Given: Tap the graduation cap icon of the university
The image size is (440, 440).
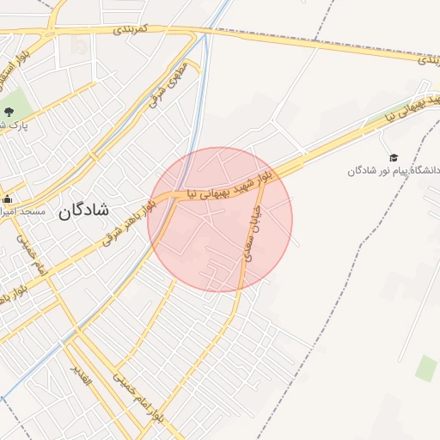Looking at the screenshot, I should (394, 158).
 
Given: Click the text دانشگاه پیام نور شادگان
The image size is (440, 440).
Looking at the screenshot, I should (394, 171).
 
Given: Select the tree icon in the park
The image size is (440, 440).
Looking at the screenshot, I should (9, 112).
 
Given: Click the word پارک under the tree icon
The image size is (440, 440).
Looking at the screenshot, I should (15, 125).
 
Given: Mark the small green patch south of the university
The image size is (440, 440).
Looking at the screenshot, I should (425, 368).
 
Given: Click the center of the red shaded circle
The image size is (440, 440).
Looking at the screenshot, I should (220, 220).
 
